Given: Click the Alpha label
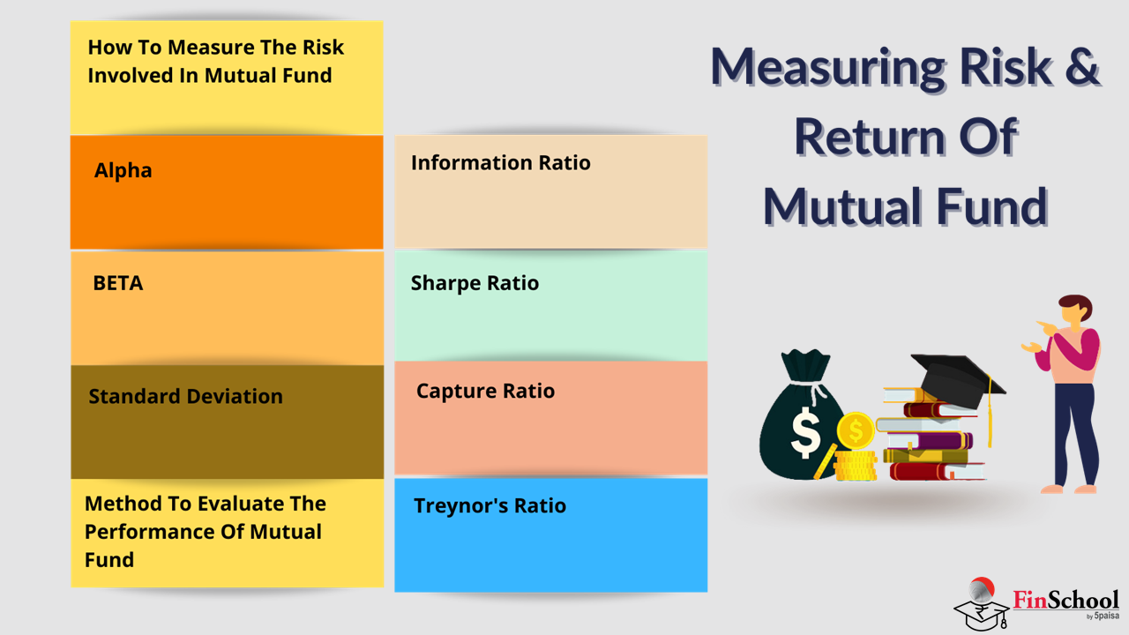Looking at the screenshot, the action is pyautogui.click(x=123, y=171).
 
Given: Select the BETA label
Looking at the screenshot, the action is pyautogui.click(x=118, y=283).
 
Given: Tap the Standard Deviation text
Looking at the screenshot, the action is pyautogui.click(x=185, y=397).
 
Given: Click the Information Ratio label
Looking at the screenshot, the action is pyautogui.click(x=500, y=163).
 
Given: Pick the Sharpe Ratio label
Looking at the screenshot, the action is pyautogui.click(x=475, y=283).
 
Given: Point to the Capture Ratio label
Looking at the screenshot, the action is pyautogui.click(x=485, y=391).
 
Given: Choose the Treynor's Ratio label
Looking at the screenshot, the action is pyautogui.click(x=490, y=506).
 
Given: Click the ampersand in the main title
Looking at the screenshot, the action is pyautogui.click(x=1081, y=66).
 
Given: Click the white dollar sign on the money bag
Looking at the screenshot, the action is pyautogui.click(x=805, y=433).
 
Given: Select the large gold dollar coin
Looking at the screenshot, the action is pyautogui.click(x=856, y=430).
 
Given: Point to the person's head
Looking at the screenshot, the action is pyautogui.click(x=1075, y=309).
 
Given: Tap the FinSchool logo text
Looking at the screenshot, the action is pyautogui.click(x=1065, y=601).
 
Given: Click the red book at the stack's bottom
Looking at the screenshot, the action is pyautogui.click(x=937, y=472).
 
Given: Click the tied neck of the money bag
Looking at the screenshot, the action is pyautogui.click(x=811, y=386).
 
